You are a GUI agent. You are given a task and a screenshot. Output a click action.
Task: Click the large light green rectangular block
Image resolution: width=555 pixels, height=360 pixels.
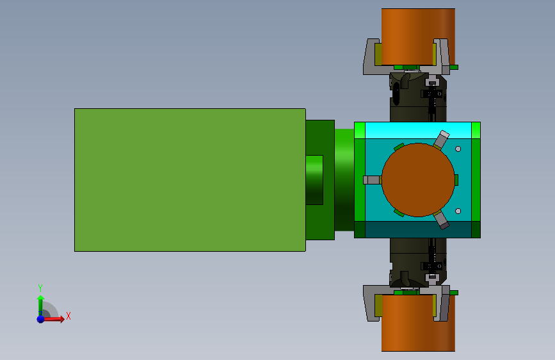click(189, 180)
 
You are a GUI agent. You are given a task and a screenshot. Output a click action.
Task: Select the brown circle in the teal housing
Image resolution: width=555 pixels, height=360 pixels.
click(418, 180)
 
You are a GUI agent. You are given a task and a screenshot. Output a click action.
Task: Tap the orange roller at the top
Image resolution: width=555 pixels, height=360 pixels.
click(418, 37)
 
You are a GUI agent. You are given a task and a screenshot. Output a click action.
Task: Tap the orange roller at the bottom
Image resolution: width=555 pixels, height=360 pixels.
click(418, 323)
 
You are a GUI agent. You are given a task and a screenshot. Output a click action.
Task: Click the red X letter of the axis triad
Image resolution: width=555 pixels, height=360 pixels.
click(68, 316)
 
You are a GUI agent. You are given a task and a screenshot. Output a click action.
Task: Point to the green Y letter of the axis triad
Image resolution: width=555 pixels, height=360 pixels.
click(40, 288)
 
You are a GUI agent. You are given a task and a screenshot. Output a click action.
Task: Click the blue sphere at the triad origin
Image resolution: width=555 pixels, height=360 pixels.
click(41, 319)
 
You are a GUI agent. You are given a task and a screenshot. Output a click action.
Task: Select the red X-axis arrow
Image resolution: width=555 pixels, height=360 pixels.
click(53, 319)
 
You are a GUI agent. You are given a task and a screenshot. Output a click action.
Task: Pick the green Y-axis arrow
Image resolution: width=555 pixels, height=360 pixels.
click(41, 306)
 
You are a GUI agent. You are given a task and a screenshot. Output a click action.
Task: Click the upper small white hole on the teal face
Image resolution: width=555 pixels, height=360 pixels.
click(458, 149)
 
